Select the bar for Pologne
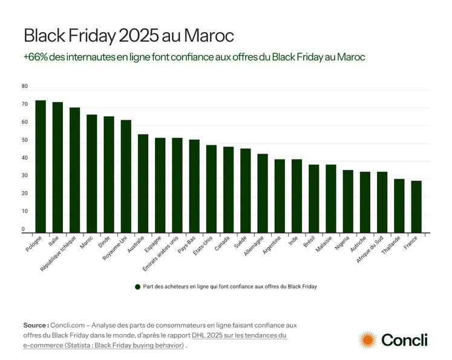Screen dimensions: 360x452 click(x=41, y=166)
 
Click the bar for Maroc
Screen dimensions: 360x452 click(x=92, y=174)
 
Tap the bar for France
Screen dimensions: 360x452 click(x=416, y=207)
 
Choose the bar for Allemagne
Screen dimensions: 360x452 click(x=263, y=194)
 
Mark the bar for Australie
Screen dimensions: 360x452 click(x=143, y=183)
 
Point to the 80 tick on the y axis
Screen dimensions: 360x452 click(x=25, y=87)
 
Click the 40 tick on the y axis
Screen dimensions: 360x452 click(x=25, y=159)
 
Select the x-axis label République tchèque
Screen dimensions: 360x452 click(x=58, y=253)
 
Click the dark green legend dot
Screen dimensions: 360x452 click(x=138, y=286)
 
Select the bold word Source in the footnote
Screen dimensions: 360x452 click(x=36, y=326)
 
